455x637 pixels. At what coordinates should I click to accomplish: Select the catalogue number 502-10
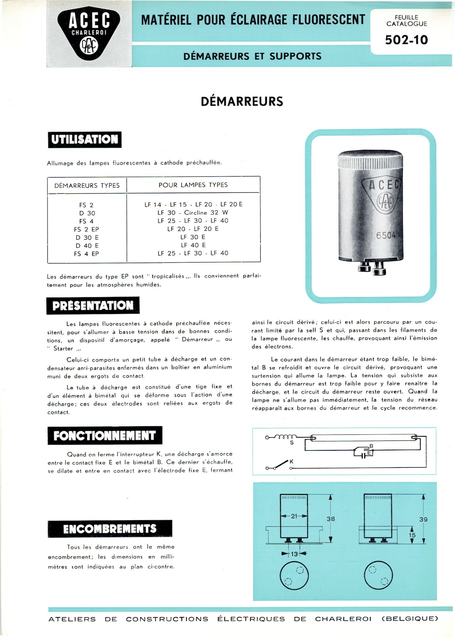coord(406,40)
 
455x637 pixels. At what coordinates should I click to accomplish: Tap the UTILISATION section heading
coord(85,140)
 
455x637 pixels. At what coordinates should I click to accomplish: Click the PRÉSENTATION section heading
coord(93,305)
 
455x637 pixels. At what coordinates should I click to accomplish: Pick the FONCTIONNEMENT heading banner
coord(105,435)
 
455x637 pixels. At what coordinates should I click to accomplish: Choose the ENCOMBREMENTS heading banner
coord(110,529)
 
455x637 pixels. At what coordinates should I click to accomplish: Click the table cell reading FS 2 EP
coord(86,229)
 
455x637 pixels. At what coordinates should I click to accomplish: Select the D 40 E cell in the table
coord(87,246)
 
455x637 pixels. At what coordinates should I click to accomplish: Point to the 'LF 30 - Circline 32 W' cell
coord(193,212)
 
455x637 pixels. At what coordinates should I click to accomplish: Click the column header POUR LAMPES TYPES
coord(193,185)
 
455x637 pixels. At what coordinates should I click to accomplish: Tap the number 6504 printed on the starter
coord(386,235)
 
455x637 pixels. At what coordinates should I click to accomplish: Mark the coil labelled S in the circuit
coord(285,437)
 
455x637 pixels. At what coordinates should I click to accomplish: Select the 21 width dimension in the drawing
coord(294,516)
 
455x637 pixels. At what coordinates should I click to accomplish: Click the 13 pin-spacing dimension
coord(294,554)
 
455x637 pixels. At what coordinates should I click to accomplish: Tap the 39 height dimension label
coord(423,519)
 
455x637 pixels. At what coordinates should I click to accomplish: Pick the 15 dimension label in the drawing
coord(412,535)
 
